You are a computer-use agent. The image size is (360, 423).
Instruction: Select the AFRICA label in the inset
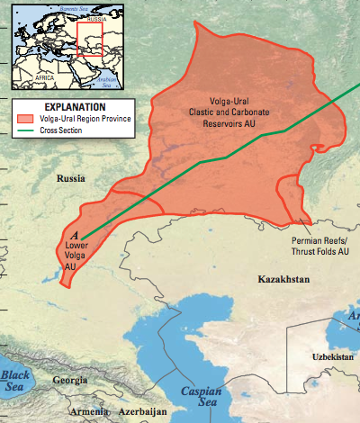click(x=45, y=78)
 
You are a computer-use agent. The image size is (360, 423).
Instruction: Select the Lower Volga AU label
click(x=76, y=255)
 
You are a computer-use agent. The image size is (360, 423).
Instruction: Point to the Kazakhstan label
click(x=283, y=281)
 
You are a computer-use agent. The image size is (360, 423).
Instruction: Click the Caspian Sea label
click(x=200, y=397)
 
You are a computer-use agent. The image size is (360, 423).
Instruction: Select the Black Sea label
click(x=15, y=380)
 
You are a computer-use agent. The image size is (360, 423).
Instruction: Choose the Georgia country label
click(x=70, y=380)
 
